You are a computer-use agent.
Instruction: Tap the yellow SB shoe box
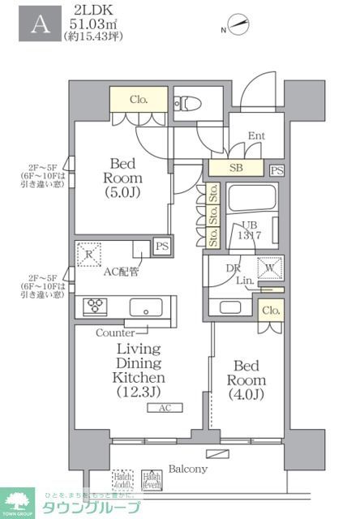[x=236, y=168]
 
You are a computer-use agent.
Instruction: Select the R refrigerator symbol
[x=88, y=253]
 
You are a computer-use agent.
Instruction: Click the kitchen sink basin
[x=146, y=307]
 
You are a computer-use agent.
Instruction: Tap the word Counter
[x=114, y=332]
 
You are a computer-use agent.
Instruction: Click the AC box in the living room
[x=165, y=409]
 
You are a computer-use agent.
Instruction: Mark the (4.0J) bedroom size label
[x=246, y=395]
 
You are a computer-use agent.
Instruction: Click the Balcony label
[x=187, y=469]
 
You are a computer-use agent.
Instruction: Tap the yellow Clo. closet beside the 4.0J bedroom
[x=271, y=310]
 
